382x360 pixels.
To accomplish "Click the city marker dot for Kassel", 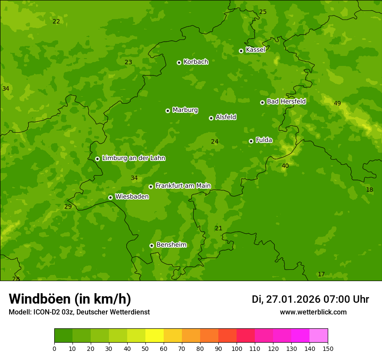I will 241,51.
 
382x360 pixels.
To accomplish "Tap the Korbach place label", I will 196,62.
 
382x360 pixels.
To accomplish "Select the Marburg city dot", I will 168,111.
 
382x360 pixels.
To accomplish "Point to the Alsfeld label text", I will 226,117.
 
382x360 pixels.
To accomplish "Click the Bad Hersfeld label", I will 286,101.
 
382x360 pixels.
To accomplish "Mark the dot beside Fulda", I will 251,141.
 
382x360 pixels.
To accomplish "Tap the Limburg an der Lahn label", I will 133,158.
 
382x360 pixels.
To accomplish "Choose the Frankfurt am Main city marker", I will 151,187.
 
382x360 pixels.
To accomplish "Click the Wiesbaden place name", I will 132,197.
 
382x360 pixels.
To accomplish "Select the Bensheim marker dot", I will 151,245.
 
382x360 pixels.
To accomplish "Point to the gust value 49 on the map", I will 337,103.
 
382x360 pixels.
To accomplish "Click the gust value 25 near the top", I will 263,12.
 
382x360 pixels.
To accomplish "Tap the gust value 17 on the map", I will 321,274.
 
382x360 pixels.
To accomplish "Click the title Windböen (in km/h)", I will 70,299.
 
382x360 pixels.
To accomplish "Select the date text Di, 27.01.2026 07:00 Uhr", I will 310,299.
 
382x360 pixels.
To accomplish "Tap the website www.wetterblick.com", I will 313,312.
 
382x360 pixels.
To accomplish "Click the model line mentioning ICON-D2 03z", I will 79,312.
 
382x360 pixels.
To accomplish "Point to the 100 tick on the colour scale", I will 237,348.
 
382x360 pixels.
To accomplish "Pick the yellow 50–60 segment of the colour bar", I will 155,336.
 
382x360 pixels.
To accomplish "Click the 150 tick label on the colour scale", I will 328,348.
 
